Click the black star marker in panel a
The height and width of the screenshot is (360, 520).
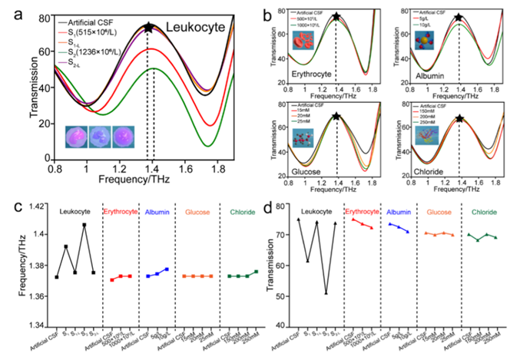point(148,28)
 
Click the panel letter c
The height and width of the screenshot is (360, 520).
point(15,207)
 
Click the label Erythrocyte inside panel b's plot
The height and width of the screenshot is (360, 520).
point(302,74)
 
